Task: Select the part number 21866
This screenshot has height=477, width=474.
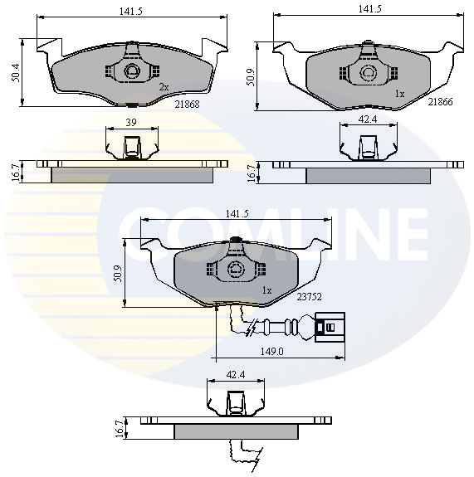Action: coord(439,101)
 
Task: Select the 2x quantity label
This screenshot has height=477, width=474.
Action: coord(164,86)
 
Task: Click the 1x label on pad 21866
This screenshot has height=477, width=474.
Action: coord(399,94)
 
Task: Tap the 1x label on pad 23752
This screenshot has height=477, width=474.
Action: coord(266,290)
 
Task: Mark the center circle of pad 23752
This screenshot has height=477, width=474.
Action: coord(235,268)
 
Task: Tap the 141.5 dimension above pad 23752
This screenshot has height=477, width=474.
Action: coord(236,214)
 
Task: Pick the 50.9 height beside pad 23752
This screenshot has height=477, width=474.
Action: coord(120,272)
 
